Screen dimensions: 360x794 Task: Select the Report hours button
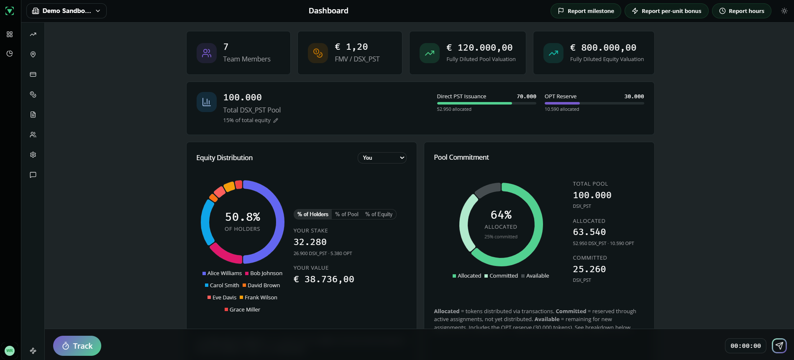pos(741,11)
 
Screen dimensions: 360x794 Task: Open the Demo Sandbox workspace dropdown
pos(67,11)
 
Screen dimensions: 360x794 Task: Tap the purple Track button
pos(77,346)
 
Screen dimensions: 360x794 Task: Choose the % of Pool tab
pos(346,214)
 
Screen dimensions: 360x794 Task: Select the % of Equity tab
pos(379,214)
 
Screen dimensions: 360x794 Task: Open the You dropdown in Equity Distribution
pos(382,158)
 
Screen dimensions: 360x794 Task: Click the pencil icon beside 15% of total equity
pos(276,120)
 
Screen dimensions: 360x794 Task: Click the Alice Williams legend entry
pos(222,273)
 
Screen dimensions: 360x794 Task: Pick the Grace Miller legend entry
pos(242,310)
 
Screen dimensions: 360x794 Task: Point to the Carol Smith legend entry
pos(222,286)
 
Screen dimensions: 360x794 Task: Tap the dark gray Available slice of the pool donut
pos(487,189)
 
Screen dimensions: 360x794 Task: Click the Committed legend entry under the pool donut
pos(501,276)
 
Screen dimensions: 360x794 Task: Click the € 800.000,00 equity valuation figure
pos(603,48)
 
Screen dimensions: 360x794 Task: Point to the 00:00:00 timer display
pos(745,346)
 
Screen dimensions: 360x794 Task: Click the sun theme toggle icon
pos(784,11)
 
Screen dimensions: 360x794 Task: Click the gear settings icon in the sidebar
pos(33,155)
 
